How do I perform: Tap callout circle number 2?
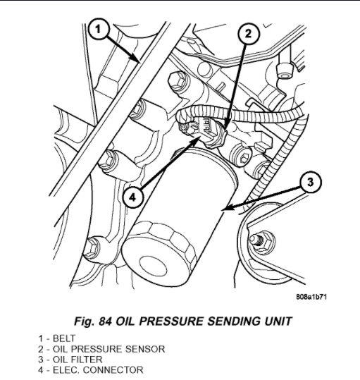click(x=249, y=35)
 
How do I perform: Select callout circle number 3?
click(x=311, y=182)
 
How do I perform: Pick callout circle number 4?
click(x=132, y=197)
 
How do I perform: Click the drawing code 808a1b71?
click(x=311, y=297)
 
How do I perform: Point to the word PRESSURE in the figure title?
click(x=172, y=321)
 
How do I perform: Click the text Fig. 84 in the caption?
click(x=93, y=321)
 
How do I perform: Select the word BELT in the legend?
click(x=64, y=338)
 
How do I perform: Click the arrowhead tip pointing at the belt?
click(x=139, y=61)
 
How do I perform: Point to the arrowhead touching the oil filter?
click(x=223, y=209)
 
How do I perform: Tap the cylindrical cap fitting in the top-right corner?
click(x=285, y=71)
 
